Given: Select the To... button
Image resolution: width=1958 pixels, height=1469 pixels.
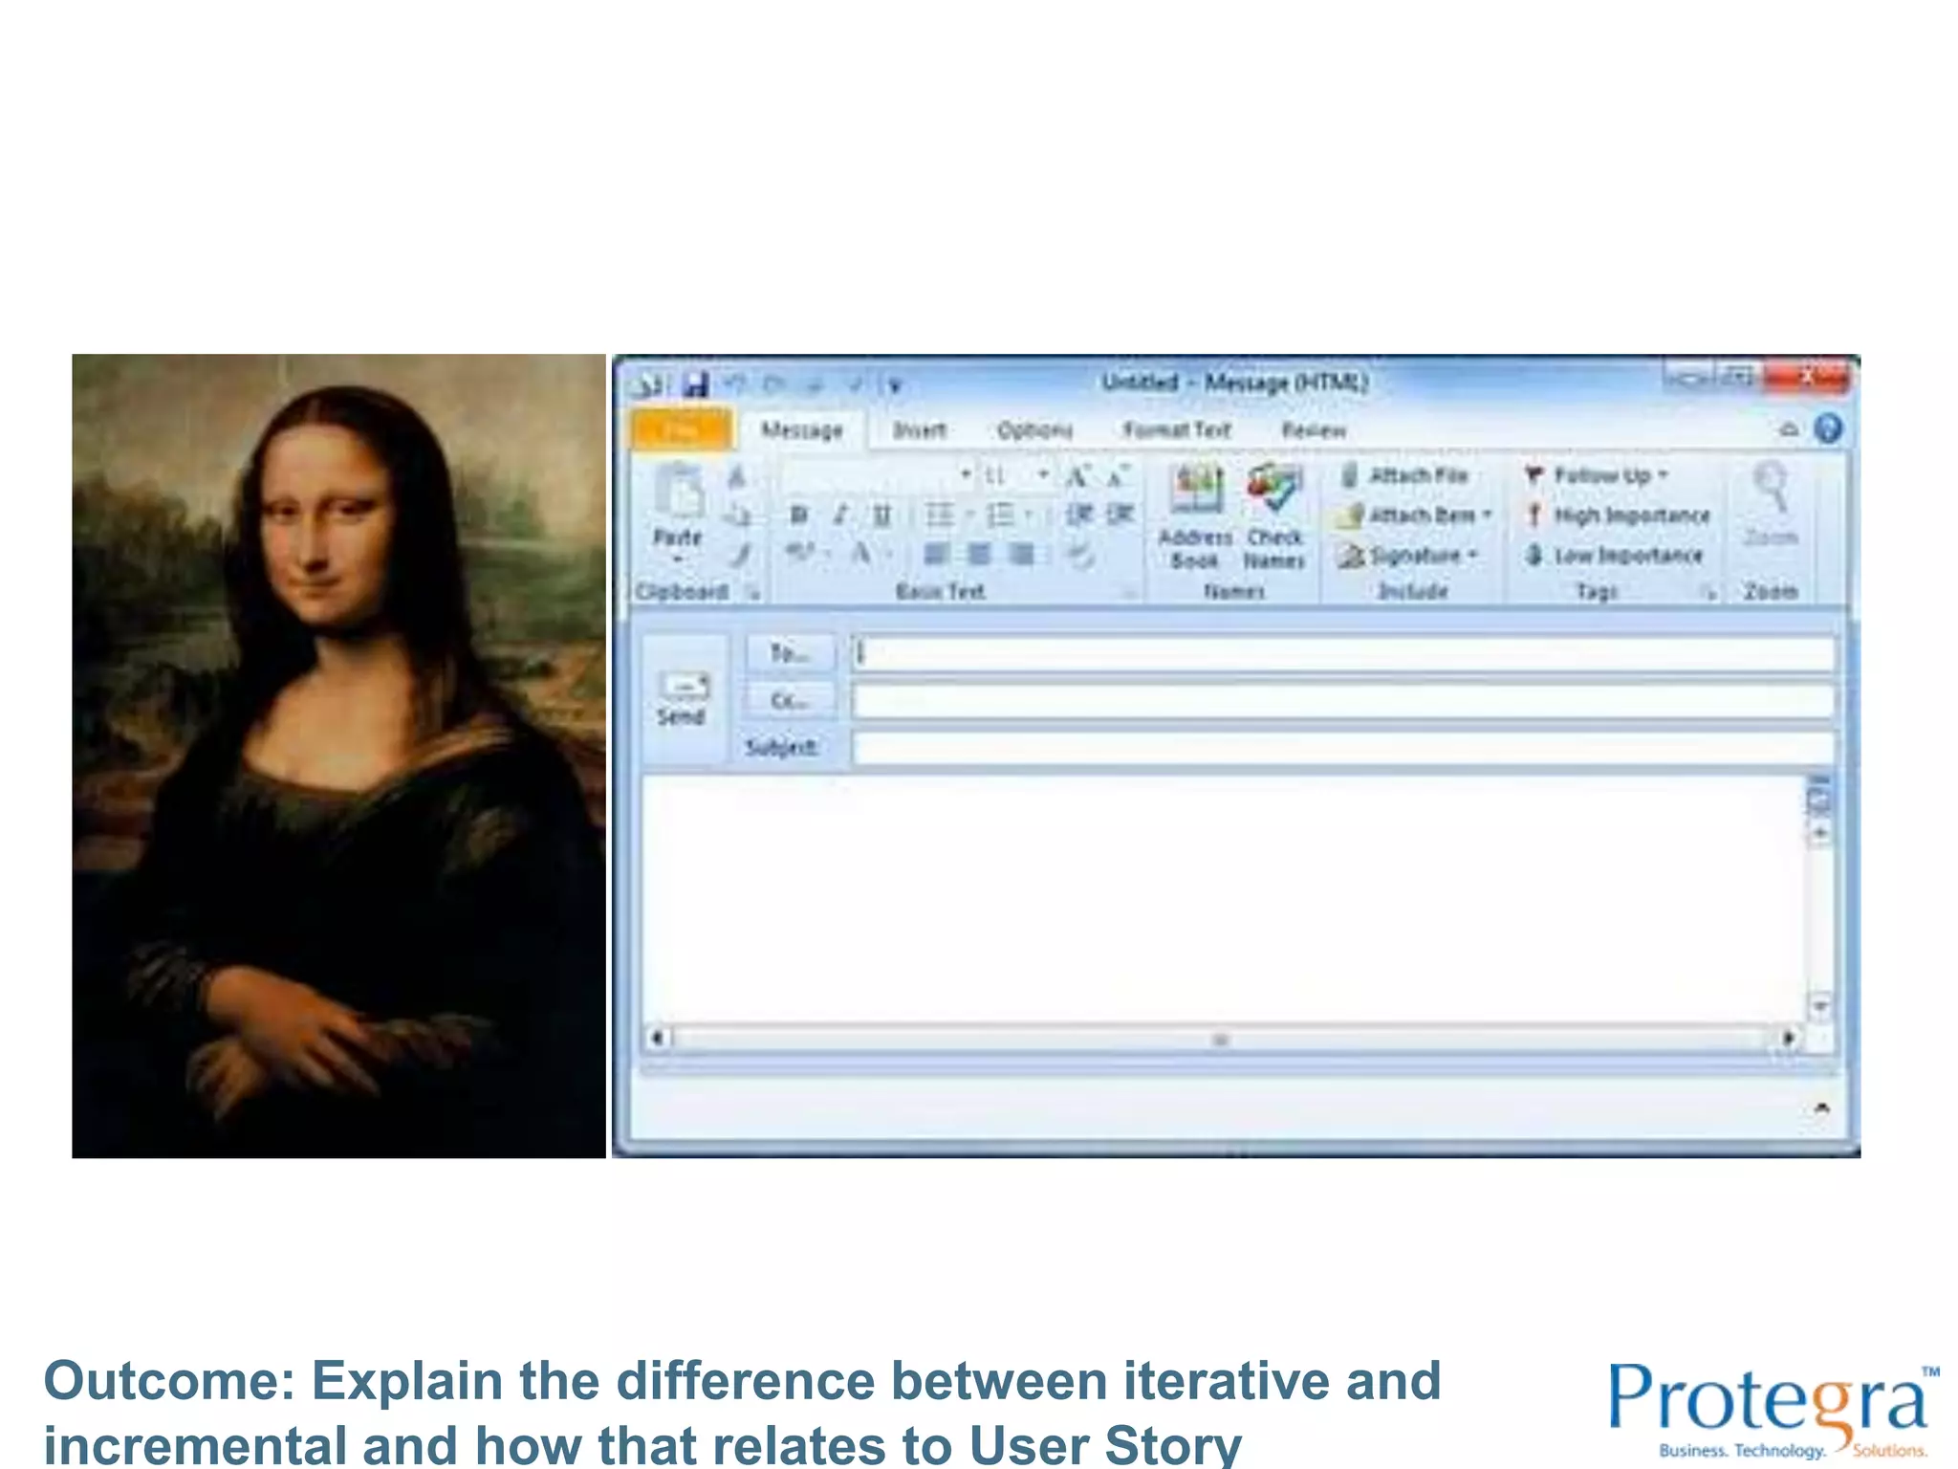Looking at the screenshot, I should pos(789,653).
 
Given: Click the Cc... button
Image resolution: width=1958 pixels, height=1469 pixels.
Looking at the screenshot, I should pos(789,701).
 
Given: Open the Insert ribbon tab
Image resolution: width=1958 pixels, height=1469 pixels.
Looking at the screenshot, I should pos(919,430).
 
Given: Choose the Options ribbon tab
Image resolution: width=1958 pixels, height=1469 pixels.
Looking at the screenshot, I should pos(1034,430).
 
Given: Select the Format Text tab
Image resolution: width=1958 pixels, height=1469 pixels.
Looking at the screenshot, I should pos(1177,430).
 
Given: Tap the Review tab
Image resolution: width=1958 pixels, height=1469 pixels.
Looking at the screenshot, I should pos(1314,430).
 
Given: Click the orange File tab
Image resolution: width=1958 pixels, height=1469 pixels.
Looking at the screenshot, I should pos(683,429).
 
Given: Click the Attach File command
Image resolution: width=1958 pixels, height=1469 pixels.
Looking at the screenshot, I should pos(1405,475).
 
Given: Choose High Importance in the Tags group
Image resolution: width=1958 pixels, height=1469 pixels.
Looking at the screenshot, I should pos(1620,515).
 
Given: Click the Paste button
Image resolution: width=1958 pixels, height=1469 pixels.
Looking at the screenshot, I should pos(679,512).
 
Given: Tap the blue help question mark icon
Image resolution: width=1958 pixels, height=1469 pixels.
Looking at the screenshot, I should pos(1828,428).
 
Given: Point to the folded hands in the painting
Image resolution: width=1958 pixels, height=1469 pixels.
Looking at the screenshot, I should pos(315,1033).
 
